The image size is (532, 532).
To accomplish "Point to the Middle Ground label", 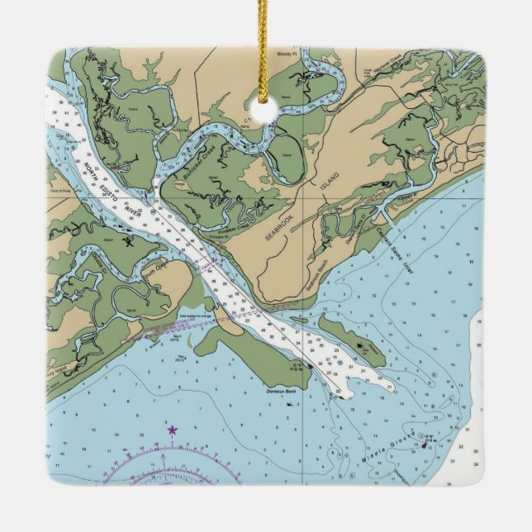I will (400, 446).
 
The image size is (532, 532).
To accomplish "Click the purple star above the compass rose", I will (172, 430).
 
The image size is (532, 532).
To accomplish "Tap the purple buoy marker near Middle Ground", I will (425, 444).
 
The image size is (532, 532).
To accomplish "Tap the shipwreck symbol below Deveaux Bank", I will (289, 404).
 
